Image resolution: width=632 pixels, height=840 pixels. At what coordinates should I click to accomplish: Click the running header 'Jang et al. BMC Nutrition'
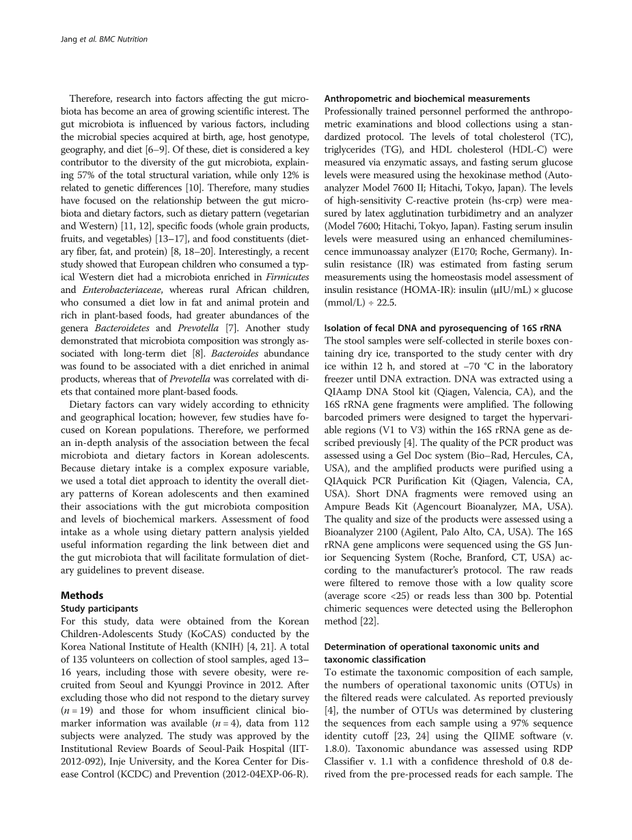click(x=100, y=40)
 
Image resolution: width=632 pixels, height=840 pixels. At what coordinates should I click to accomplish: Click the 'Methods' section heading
click(x=82, y=596)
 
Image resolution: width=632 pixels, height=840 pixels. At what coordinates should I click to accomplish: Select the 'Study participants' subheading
click(x=99, y=608)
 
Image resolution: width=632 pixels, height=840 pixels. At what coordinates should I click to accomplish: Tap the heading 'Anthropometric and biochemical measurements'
click(x=427, y=99)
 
